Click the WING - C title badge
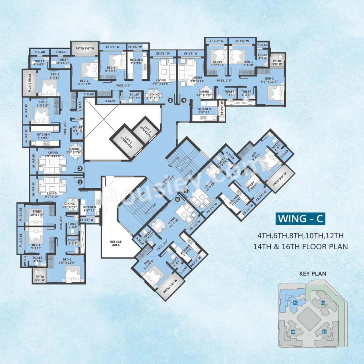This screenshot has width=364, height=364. point(300,219)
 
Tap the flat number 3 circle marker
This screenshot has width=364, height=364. point(170,100)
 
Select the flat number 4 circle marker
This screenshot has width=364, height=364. point(184,100)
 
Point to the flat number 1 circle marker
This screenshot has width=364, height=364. point(80,181)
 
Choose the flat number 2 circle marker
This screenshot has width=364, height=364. point(80,169)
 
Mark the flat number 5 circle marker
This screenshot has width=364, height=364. point(186,191)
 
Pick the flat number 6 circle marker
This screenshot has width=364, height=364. point(178,200)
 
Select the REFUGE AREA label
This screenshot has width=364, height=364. point(116,243)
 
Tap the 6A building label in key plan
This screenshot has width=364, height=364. point(324,331)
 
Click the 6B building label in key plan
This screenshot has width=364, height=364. point(293,332)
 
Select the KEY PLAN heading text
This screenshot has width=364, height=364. point(313,274)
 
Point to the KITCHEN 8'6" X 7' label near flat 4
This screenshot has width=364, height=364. point(204,111)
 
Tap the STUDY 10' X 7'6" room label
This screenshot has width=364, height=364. point(37,213)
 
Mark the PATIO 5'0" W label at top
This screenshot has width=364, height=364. point(85,49)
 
